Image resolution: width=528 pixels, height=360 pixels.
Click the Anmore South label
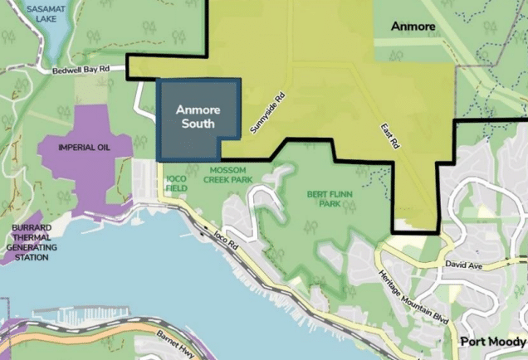pos(194,116)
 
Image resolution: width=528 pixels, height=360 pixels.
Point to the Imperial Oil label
pos(83,148)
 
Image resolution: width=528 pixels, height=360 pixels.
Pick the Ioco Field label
pos(175,183)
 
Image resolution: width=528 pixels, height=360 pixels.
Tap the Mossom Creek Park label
pos(225,174)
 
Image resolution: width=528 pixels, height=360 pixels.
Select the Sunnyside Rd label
pos(267,114)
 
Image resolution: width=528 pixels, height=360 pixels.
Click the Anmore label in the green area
pos(413,27)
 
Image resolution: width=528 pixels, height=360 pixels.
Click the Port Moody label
pos(494,342)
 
